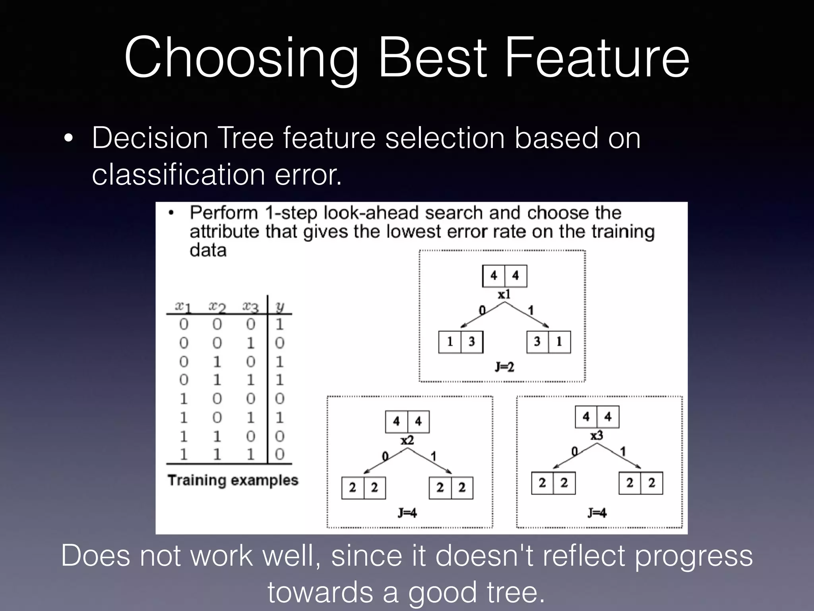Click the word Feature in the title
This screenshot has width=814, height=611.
coord(597,58)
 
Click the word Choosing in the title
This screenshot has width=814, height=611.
coord(241,58)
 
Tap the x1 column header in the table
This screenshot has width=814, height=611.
coord(183,307)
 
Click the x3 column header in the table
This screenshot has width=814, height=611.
coord(250,307)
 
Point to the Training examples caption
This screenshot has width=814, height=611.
coord(233,480)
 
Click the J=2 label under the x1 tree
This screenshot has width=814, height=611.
coord(504,366)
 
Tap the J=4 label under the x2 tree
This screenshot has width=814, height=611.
coord(407,513)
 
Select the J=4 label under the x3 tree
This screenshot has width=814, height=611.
coord(597,513)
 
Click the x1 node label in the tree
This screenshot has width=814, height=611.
coord(504,295)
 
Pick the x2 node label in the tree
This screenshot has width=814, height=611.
coord(407,440)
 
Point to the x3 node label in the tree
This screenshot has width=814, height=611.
coord(597,436)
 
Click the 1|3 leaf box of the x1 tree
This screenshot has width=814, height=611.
coord(461,342)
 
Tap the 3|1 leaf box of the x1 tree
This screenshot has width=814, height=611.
coord(548,342)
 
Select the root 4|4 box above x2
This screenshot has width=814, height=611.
coord(407,422)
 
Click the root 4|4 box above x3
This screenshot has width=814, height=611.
coord(597,417)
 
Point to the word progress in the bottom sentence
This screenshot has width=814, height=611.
coord(693,555)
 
